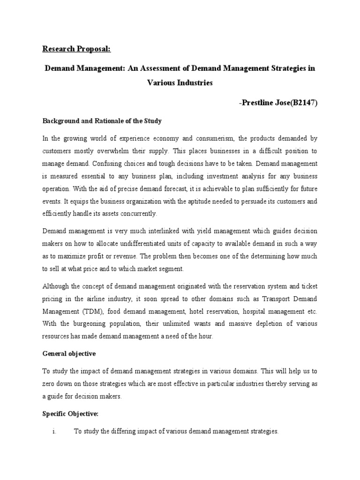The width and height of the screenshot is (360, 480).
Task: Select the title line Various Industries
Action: (x=180, y=82)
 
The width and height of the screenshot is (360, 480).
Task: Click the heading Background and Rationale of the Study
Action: (x=102, y=121)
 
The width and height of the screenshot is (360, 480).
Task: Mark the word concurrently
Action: (x=138, y=213)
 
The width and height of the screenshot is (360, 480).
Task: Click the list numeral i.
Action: (x=55, y=432)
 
